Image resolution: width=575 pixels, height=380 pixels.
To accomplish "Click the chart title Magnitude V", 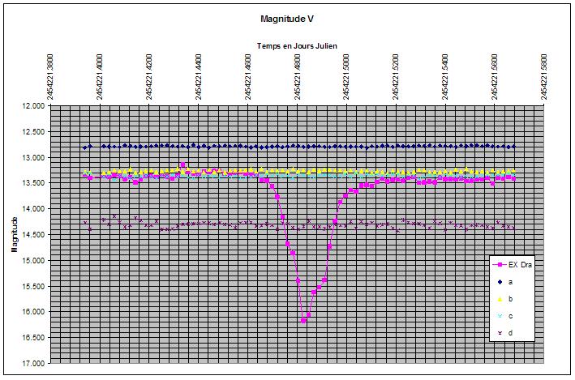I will click(288, 18).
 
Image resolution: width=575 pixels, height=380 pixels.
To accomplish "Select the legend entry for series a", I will click(510, 282).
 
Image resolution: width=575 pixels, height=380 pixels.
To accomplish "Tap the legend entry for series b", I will click(510, 299).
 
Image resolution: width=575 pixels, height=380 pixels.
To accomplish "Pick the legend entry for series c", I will click(510, 316).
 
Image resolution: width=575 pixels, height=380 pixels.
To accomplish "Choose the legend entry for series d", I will click(510, 333).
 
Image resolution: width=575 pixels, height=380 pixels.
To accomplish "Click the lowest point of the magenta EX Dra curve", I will click(303, 321).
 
